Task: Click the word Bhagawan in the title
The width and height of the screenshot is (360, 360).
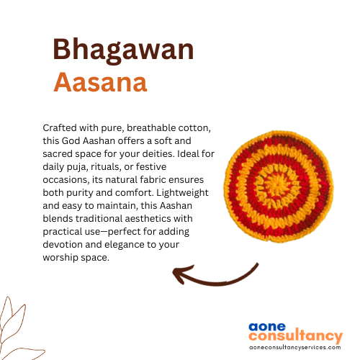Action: pyautogui.click(x=123, y=50)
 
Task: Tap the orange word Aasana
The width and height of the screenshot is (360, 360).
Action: pyautogui.click(x=100, y=82)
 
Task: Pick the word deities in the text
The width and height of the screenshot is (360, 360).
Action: pyautogui.click(x=158, y=153)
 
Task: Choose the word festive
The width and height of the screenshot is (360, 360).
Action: pyautogui.click(x=151, y=166)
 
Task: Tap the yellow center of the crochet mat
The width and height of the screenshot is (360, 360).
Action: pyautogui.click(x=276, y=184)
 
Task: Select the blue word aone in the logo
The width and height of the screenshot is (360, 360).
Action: pyautogui.click(x=267, y=327)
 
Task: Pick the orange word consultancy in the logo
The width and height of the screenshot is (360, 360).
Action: pyautogui.click(x=296, y=336)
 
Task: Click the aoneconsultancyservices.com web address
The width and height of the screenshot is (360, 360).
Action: pyautogui.click(x=295, y=347)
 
